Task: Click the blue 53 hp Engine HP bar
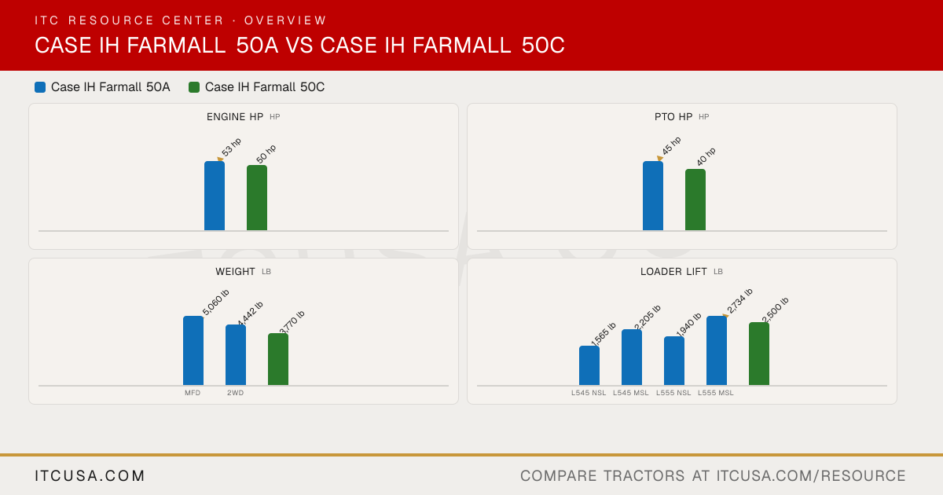215,196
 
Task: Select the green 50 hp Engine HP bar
257,198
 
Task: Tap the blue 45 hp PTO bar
653,196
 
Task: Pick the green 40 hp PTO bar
695,200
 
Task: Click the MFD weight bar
193,350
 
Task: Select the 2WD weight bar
236,355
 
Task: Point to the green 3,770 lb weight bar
278,359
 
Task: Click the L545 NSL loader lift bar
589,365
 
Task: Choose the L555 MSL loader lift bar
717,350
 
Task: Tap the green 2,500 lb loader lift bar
759,354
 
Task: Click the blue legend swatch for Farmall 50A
40,87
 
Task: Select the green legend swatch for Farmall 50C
194,87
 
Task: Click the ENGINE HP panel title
235,117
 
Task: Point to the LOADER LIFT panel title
673,272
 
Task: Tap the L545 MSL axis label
630,393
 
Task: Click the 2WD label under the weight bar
235,393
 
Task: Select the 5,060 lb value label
216,302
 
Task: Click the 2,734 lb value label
739,301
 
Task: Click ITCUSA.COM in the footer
90,476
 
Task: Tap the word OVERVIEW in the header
285,20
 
